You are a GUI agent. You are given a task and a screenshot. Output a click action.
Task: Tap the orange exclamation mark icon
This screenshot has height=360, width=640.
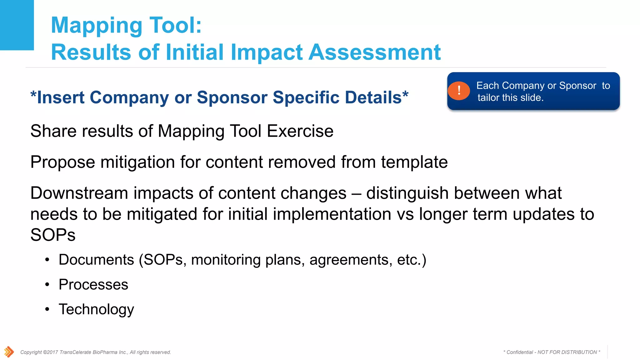coord(459,91)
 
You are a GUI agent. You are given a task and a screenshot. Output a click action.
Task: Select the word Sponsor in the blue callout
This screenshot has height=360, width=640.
coord(577,86)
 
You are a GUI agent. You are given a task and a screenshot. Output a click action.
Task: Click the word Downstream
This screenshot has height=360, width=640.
coord(79,193)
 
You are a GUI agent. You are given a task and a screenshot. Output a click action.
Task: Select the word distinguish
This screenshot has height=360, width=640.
coord(407,193)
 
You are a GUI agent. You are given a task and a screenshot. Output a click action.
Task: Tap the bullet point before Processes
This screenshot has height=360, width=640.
coord(47,284)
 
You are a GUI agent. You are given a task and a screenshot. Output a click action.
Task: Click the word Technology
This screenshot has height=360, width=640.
coord(96,309)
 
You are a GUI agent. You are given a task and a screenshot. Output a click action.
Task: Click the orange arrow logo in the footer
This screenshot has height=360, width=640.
coord(9,352)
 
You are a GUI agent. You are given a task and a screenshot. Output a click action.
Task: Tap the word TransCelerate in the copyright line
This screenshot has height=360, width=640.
coord(75,352)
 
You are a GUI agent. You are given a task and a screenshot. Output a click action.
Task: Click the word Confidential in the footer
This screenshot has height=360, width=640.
coord(520,352)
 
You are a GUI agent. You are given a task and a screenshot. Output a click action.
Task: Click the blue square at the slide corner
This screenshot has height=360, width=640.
coord(17,25)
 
